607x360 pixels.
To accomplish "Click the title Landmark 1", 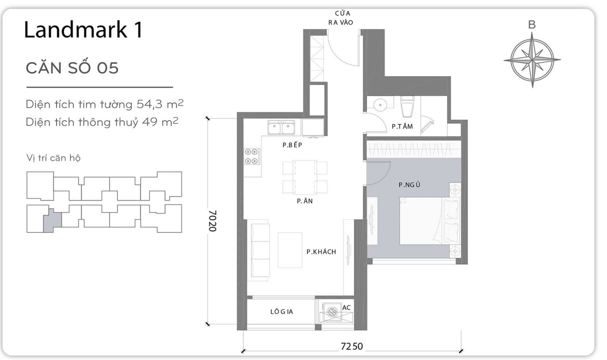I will (x=83, y=30).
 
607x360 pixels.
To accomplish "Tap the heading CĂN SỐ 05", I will (x=72, y=68).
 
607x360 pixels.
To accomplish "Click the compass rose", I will (x=531, y=60).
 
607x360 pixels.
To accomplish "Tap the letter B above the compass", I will (x=531, y=24).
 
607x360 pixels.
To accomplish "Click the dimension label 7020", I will (x=212, y=220).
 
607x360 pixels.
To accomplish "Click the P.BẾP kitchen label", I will (x=293, y=145).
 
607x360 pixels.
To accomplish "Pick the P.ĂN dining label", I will (x=301, y=201).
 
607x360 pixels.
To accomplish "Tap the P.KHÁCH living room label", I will (x=321, y=251).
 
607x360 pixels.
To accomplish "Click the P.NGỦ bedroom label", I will (x=409, y=185).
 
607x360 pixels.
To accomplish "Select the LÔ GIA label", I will (x=281, y=311).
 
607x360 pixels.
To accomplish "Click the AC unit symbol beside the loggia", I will (x=331, y=312).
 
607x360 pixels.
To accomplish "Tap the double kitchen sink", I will (x=281, y=128).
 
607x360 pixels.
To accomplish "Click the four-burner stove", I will (x=251, y=156).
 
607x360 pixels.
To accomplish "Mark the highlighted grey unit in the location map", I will (x=52, y=220).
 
